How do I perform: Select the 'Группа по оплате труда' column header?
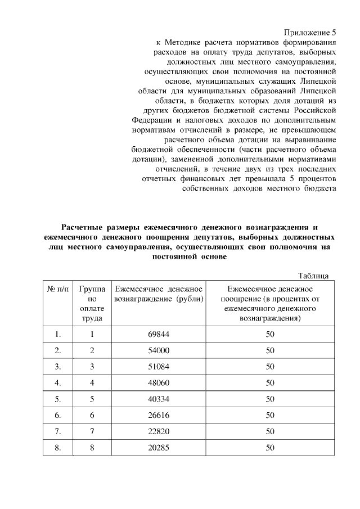point(91,303)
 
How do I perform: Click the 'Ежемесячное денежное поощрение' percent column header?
point(270,303)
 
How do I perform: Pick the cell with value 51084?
point(159,367)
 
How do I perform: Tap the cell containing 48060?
point(159,384)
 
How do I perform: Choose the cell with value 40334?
point(159,400)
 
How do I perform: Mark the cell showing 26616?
point(159,416)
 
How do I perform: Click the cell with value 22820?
point(159,433)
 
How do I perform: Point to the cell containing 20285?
point(159,449)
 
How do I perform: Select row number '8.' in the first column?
point(58,449)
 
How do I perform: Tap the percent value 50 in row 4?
point(270,384)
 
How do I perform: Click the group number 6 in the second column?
point(91,416)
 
